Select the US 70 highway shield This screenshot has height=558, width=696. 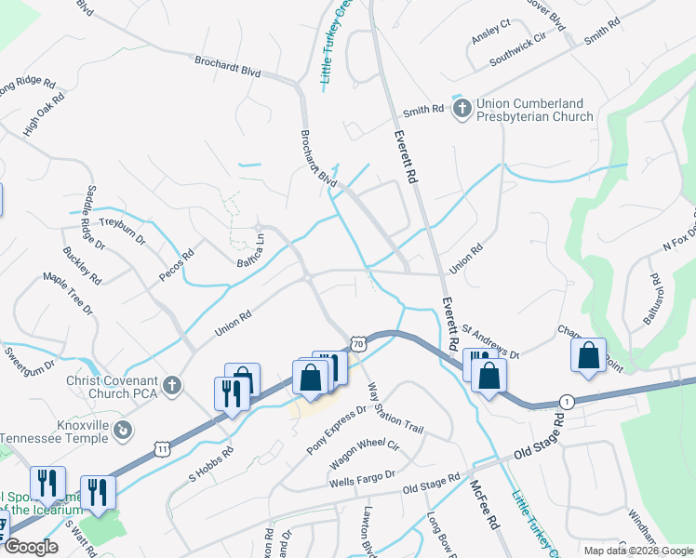(x=358, y=343)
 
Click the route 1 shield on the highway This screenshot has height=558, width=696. (x=566, y=400)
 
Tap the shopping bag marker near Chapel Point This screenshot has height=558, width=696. (x=588, y=356)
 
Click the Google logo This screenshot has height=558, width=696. (x=31, y=547)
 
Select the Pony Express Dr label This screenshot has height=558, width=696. (x=337, y=429)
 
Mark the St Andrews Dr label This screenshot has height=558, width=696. (x=489, y=341)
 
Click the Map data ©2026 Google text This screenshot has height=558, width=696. (x=637, y=551)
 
